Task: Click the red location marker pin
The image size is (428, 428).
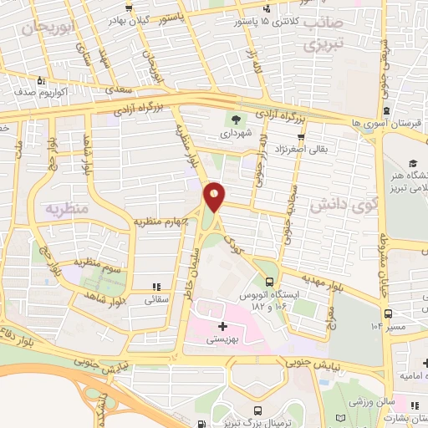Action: tap(215, 196)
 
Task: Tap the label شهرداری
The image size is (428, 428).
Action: tap(236, 132)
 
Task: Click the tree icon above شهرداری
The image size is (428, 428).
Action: tap(236, 120)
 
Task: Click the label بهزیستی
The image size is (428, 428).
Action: tap(223, 339)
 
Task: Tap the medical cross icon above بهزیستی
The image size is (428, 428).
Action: tap(222, 326)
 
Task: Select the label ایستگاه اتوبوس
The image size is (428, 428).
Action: tap(269, 297)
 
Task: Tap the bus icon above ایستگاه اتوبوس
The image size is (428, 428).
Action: tap(268, 281)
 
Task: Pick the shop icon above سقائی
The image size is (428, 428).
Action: tap(157, 287)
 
